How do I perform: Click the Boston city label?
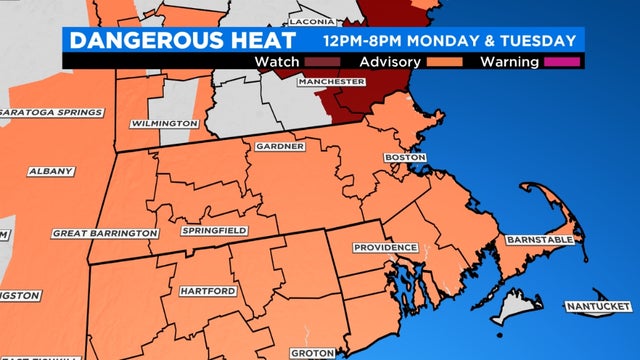point(406,158)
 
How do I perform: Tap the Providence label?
point(384,247)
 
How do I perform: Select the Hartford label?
point(207,291)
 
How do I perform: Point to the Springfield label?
point(215,230)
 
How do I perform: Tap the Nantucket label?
point(597,305)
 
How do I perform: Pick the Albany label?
point(51,171)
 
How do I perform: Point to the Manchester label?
point(330,81)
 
